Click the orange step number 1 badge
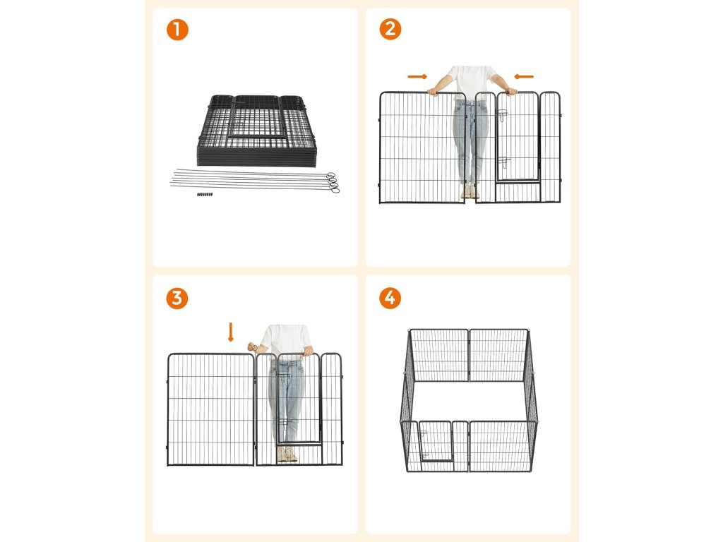tap(177, 30)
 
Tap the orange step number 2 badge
tap(390, 29)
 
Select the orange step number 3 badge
tap(177, 299)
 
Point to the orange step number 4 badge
tap(390, 299)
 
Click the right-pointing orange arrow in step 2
tap(417, 76)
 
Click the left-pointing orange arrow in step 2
tap(524, 76)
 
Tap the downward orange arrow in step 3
tap(231, 332)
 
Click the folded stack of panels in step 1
tap(256, 131)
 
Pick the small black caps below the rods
tap(205, 195)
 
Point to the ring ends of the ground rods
tap(333, 183)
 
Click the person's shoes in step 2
tap(470, 191)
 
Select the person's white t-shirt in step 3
tap(286, 340)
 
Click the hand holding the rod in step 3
tap(252, 346)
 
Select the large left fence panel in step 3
tap(210, 409)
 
